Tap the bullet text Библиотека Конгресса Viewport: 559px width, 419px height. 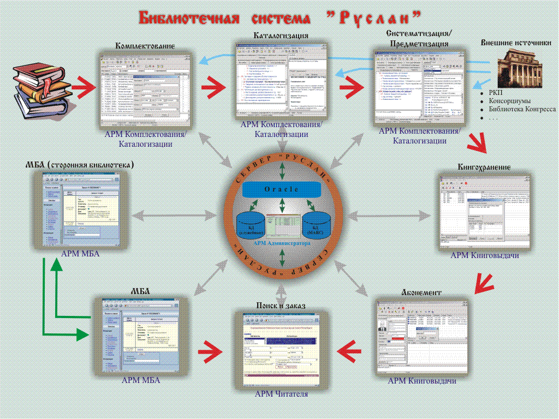[522, 109]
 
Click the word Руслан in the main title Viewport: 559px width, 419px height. [374, 17]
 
